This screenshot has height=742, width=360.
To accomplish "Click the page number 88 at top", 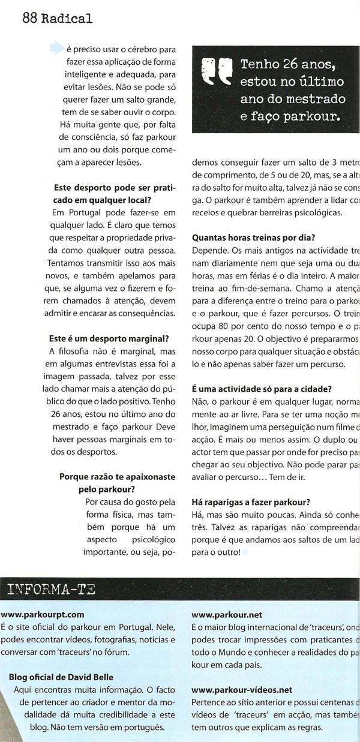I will (29, 18).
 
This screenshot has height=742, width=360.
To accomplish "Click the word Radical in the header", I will (67, 18).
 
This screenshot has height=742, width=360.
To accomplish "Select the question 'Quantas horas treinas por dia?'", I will (254, 236).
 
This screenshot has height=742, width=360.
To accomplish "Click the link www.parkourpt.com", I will (42, 614).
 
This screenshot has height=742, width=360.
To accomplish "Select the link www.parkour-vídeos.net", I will (242, 690).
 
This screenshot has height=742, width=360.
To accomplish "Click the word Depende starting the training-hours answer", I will (208, 248).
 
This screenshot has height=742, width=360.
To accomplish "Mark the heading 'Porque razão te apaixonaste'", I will (117, 477).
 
